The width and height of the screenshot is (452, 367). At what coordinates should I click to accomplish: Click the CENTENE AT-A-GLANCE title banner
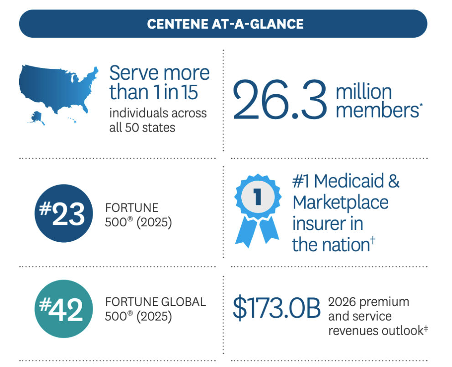coord(223,24)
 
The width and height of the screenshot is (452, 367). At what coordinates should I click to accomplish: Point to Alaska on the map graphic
coord(37,118)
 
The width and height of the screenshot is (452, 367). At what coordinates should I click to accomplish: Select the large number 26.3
coord(280,100)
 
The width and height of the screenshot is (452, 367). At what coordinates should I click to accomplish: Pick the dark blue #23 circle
coord(64,213)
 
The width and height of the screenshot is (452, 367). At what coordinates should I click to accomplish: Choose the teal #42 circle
coord(64,309)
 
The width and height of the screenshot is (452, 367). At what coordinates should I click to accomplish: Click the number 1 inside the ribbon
coord(258,197)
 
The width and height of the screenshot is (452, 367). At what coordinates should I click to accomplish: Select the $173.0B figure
coord(276,308)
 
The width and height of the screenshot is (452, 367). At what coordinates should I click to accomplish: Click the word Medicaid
coord(349,181)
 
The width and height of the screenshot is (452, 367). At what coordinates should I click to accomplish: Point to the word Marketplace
coord(340,203)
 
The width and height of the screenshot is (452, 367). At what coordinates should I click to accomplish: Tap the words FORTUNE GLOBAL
coord(156,302)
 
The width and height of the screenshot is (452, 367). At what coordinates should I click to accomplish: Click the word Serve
coord(134,73)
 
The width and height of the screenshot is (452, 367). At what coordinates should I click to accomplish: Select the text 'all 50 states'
coord(142,127)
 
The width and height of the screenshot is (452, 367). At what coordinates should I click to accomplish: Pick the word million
coord(364,92)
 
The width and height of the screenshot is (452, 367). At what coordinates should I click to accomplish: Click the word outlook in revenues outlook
coord(402,331)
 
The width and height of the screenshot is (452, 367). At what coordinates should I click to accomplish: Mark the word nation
coord(346,245)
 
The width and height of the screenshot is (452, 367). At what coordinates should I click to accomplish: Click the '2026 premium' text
coord(369,302)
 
